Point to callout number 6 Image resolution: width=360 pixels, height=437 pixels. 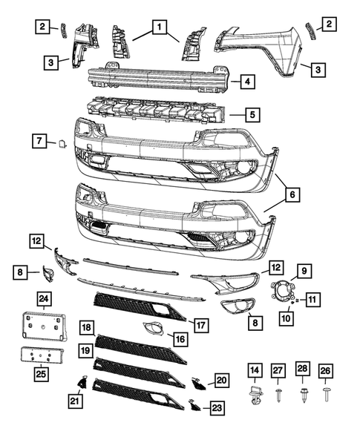click(x=292, y=195)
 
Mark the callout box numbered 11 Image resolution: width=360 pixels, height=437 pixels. click(x=312, y=300)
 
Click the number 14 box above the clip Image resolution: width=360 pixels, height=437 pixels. click(x=255, y=369)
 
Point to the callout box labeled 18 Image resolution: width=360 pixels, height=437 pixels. click(x=87, y=327)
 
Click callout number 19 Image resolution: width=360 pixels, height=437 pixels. click(x=87, y=349)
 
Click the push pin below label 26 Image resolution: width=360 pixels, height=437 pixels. click(x=327, y=394)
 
